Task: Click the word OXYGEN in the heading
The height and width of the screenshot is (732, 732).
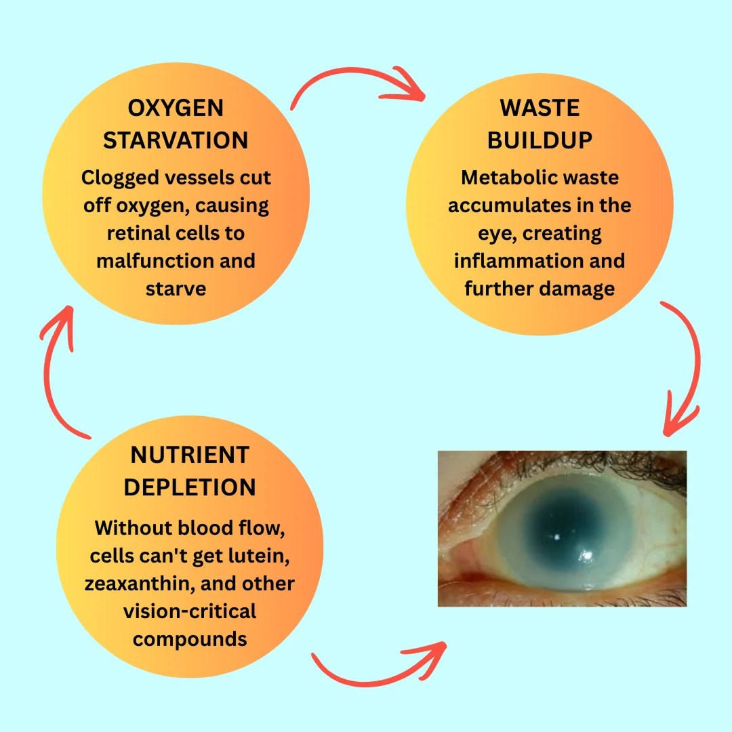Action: point(176,108)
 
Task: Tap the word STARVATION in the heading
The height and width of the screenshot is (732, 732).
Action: point(176,140)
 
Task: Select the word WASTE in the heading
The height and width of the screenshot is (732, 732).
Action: point(540,108)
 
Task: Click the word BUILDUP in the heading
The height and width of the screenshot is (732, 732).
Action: point(540,140)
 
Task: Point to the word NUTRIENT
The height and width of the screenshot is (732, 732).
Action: point(190,455)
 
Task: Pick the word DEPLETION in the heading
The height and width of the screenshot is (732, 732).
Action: point(190,487)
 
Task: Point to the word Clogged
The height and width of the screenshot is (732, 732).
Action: point(119,178)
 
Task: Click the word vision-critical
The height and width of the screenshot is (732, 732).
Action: point(190,611)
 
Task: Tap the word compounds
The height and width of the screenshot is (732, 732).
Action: point(190,639)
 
